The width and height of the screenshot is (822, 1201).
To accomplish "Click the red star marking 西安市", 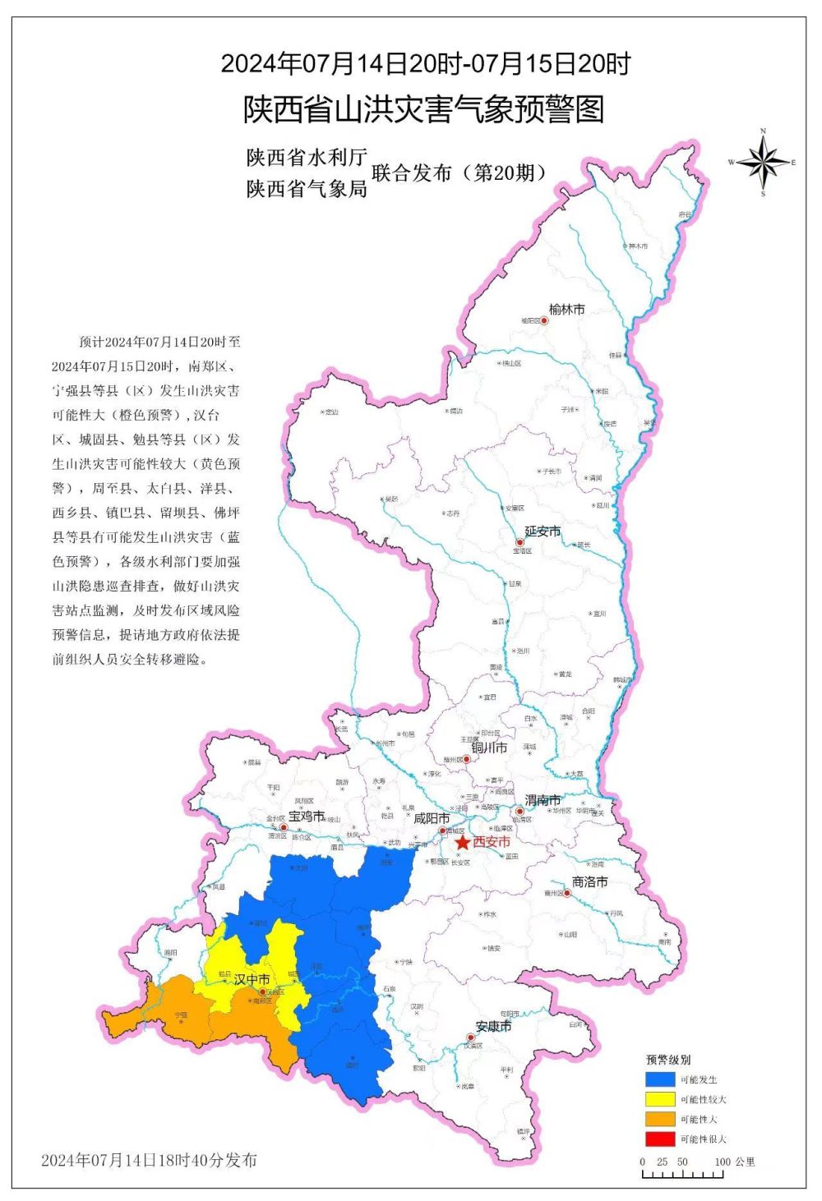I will pyautogui.click(x=463, y=843).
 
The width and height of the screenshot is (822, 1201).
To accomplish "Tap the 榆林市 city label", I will pyautogui.click(x=566, y=310).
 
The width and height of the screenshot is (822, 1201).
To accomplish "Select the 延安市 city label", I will pyautogui.click(x=543, y=531).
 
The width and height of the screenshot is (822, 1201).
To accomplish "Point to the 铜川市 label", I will pyautogui.click(x=489, y=748).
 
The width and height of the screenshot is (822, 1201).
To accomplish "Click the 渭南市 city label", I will pyautogui.click(x=543, y=800).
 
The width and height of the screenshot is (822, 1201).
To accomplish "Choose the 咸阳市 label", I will pyautogui.click(x=431, y=818).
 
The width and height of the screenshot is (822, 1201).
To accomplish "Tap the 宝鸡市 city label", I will pyautogui.click(x=306, y=817).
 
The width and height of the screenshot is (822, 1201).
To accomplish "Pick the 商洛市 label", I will pyautogui.click(x=589, y=881).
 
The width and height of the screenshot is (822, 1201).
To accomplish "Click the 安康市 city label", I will pyautogui.click(x=493, y=1026).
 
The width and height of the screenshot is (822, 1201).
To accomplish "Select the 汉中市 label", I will pyautogui.click(x=252, y=979).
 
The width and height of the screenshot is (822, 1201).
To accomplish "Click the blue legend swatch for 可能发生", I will pyautogui.click(x=659, y=1079).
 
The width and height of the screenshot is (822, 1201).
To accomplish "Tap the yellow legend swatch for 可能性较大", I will pyautogui.click(x=659, y=1099).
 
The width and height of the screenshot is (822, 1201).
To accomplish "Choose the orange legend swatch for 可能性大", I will pyautogui.click(x=659, y=1119).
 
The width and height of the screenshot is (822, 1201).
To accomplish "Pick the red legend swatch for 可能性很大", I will pyautogui.click(x=659, y=1139).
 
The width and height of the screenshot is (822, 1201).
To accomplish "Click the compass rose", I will pyautogui.click(x=763, y=163).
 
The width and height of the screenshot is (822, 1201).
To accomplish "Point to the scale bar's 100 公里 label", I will pyautogui.click(x=734, y=1162).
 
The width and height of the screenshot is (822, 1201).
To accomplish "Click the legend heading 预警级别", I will pyautogui.click(x=668, y=1060).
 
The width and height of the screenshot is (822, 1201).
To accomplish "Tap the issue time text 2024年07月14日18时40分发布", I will pyautogui.click(x=149, y=1160).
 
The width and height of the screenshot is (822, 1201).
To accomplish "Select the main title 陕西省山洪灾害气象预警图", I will pyautogui.click(x=423, y=109).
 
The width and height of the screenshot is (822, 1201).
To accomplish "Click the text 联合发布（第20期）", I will pyautogui.click(x=459, y=173).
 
